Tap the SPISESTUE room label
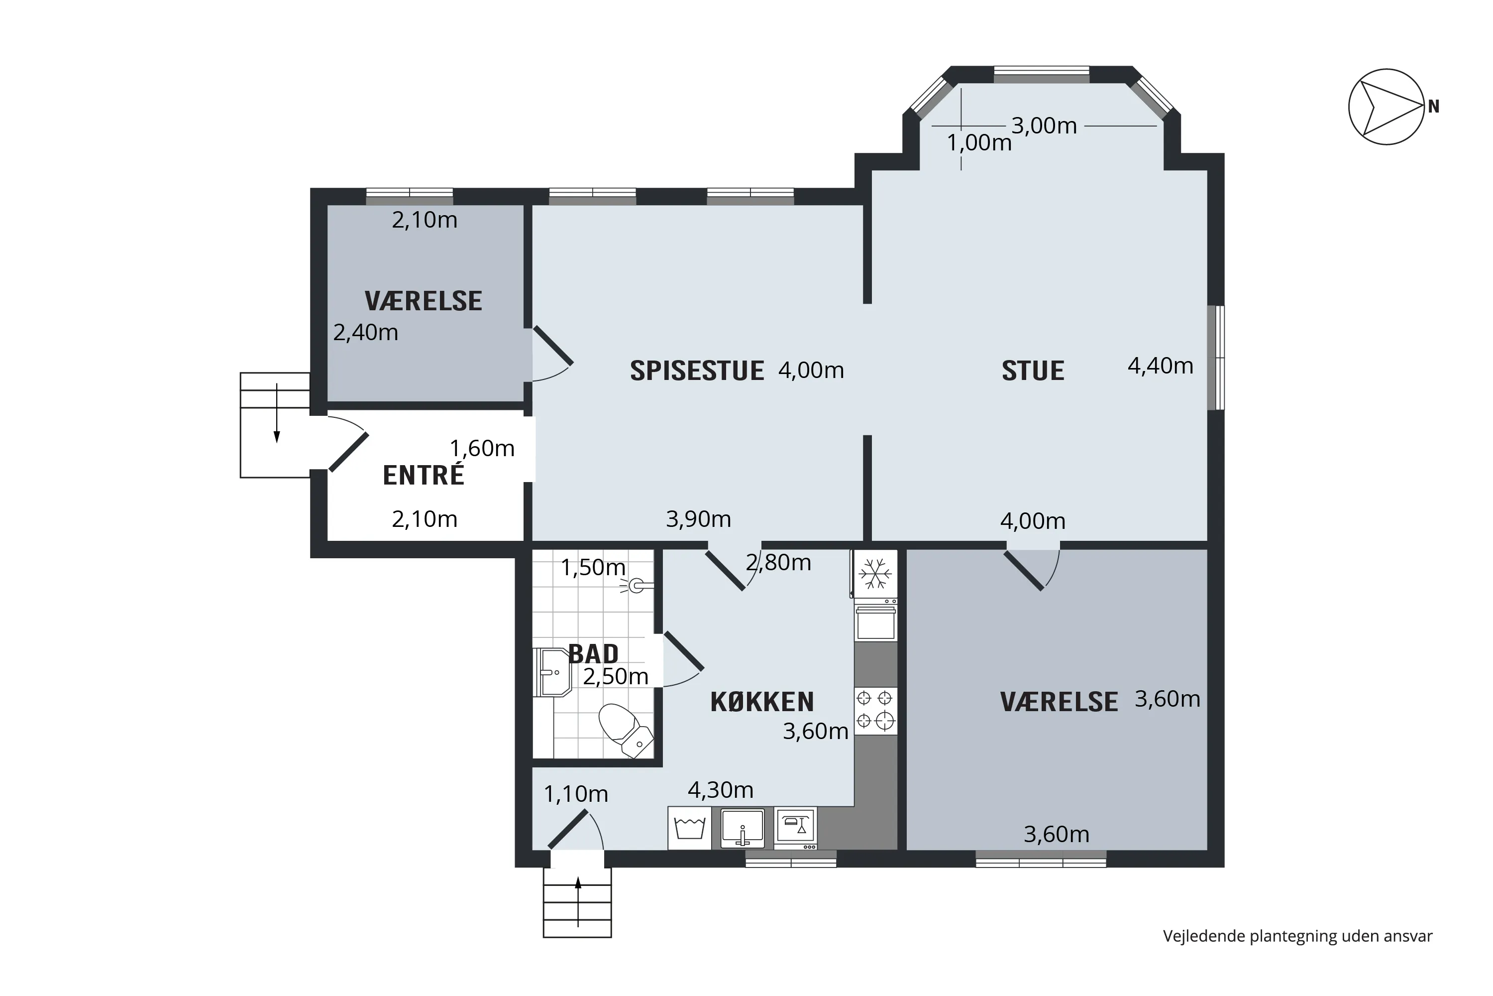coord(697,371)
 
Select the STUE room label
coord(1033,371)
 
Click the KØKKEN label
coord(762,702)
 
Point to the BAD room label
coord(593,653)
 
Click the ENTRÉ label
coord(424,475)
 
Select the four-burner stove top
coord(875,711)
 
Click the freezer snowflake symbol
coord(875,574)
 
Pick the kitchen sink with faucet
coord(742,828)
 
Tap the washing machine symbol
coord(689,828)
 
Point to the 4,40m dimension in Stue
coord(1161,366)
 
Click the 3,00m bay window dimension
coord(1044,126)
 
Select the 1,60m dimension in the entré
coord(482,449)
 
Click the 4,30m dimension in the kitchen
coord(721,789)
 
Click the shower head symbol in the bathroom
coord(636,586)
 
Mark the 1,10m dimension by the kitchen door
coord(576,794)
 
